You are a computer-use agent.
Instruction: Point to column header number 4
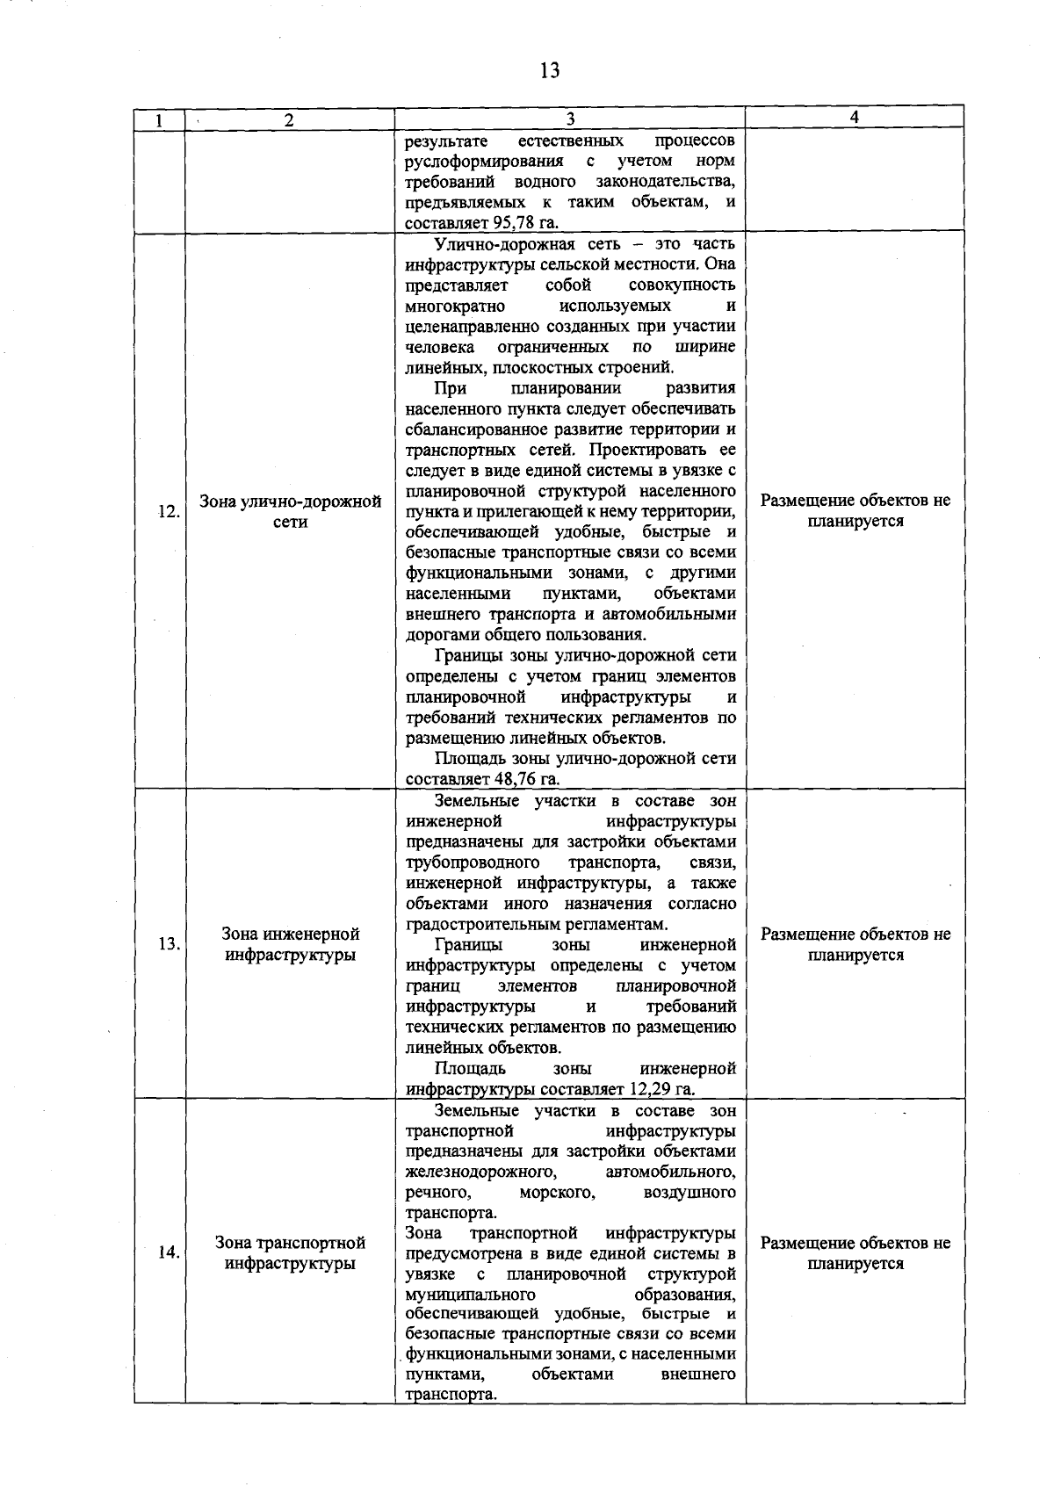point(854,117)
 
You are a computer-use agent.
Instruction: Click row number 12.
point(168,512)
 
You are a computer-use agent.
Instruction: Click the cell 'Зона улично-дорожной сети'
point(290,511)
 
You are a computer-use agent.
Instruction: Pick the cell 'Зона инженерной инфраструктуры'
point(290,944)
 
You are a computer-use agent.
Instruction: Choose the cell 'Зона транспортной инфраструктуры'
point(290,1253)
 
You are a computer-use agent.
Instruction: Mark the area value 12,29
point(652,1090)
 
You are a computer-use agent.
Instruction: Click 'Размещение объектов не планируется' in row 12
point(855,511)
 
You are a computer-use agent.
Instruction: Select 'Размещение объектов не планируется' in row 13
point(855,944)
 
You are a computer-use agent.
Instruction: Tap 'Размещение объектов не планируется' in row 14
point(855,1253)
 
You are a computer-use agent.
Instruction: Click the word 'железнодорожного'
point(480,1173)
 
